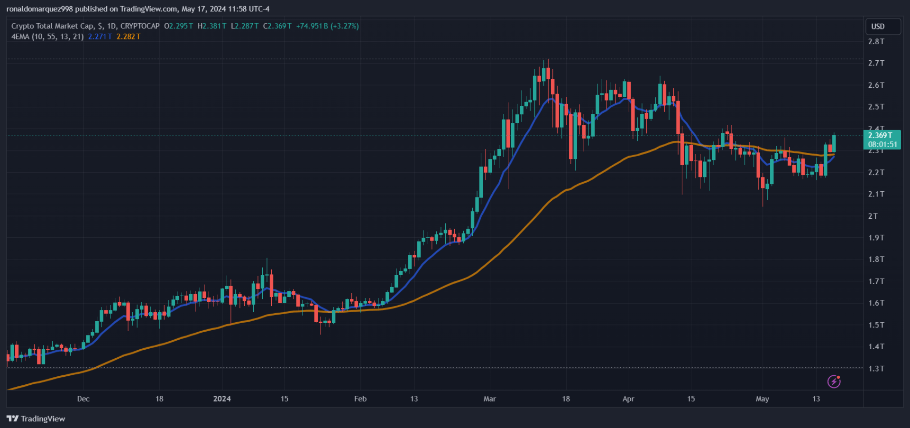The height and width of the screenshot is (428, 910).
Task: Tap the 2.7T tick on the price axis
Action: coord(876,63)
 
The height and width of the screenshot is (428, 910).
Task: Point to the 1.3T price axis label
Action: coord(876,369)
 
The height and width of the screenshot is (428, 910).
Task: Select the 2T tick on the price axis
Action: coord(873,216)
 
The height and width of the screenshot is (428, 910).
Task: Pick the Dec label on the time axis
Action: coord(83,399)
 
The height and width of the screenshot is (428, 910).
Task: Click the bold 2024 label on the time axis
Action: coord(222,399)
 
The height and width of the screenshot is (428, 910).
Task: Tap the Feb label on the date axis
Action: coord(360,399)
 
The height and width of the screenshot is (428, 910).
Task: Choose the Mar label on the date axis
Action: coord(489,399)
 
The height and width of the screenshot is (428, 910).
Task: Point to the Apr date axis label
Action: coord(628,399)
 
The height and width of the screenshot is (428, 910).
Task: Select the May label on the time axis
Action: coord(762,399)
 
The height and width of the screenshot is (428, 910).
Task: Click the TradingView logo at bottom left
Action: coord(36,419)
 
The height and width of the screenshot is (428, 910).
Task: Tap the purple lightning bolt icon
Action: coord(834,381)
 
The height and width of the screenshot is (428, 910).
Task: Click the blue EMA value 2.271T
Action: coord(100,37)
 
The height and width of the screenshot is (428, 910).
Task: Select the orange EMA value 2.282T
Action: coord(129,37)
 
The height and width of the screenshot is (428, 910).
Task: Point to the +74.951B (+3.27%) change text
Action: coord(327,26)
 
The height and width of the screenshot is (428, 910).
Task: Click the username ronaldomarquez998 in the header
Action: coord(40,9)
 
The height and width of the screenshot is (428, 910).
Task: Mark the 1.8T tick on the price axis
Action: coord(876,260)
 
